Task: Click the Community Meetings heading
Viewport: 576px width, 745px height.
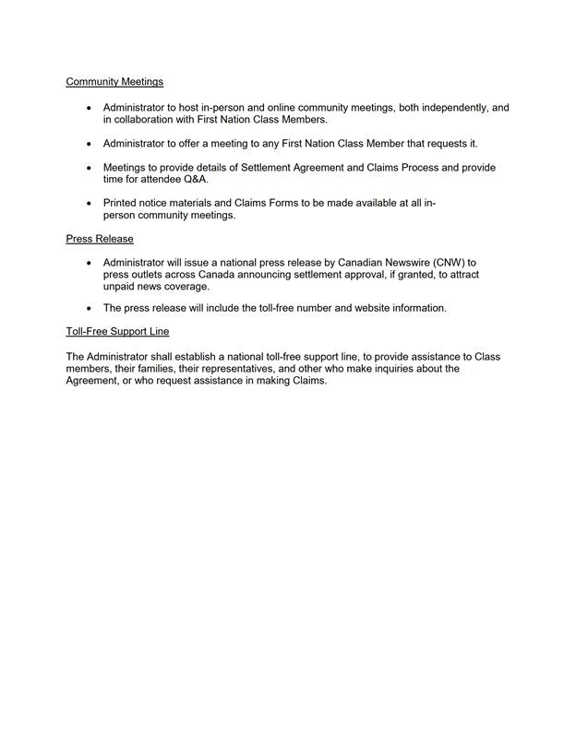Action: point(114,82)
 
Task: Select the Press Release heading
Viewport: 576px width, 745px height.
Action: point(100,239)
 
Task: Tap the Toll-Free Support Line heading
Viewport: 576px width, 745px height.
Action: point(117,331)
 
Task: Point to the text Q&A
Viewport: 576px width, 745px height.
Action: point(196,180)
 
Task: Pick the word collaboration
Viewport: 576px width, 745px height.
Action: point(147,120)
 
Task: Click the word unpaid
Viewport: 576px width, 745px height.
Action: point(121,287)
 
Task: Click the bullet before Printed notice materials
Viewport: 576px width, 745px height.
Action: point(89,203)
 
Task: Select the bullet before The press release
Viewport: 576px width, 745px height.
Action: point(89,308)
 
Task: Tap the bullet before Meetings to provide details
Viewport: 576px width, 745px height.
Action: point(89,168)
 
